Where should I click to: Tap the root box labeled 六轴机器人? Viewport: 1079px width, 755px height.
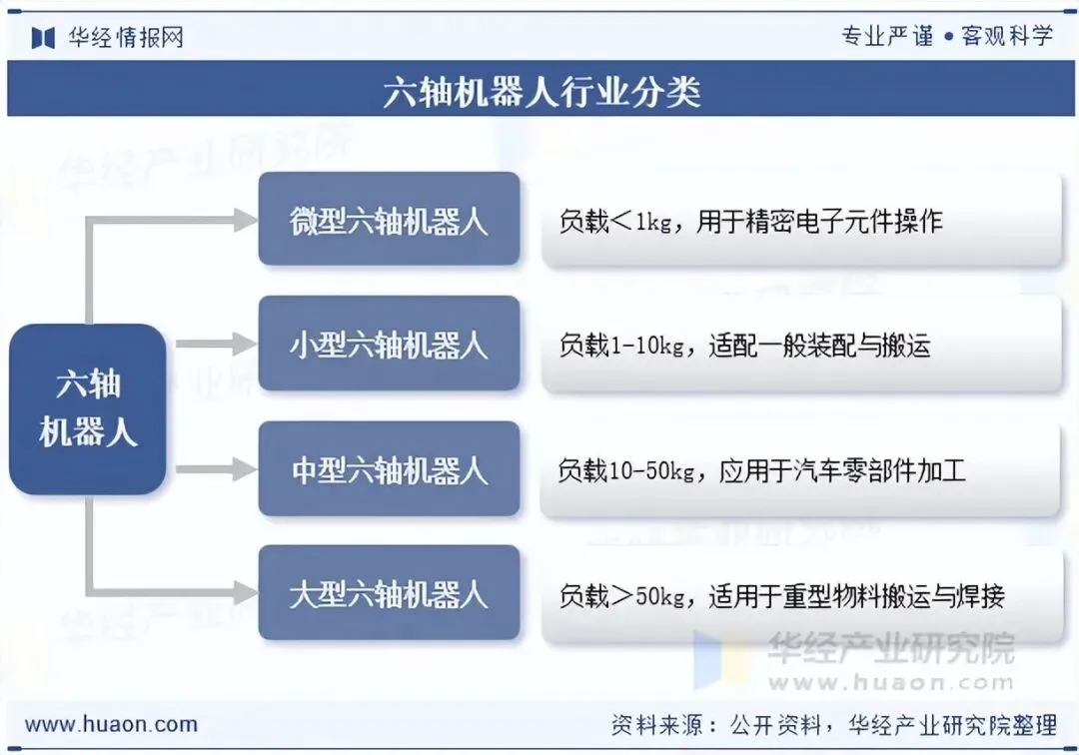pyautogui.click(x=88, y=408)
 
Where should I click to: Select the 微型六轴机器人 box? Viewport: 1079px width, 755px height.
pyautogui.click(x=389, y=220)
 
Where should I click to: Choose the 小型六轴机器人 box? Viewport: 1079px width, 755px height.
pyautogui.click(x=389, y=345)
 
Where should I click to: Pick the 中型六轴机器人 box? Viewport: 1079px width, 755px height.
pyautogui.click(x=389, y=469)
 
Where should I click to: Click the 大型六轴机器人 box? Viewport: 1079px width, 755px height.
pyautogui.click(x=389, y=594)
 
